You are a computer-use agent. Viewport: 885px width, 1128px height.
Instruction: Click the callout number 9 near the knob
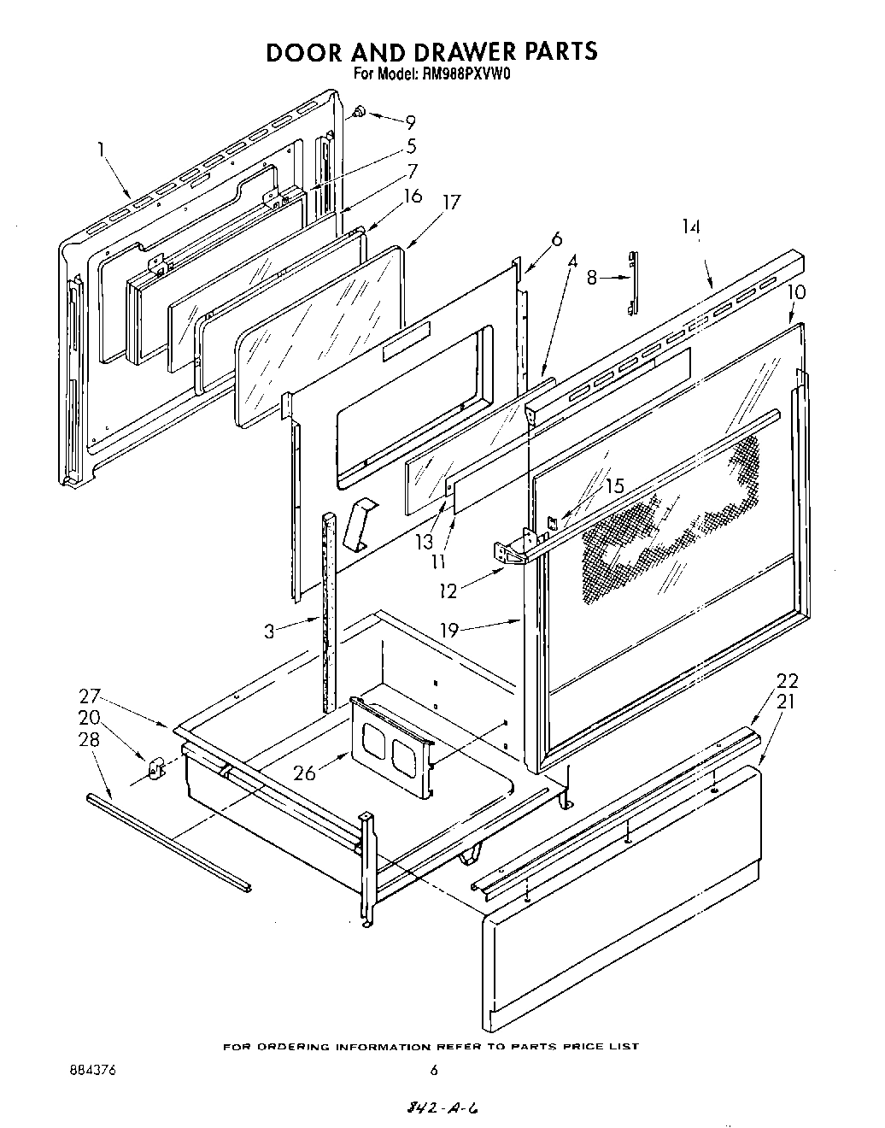tap(411, 122)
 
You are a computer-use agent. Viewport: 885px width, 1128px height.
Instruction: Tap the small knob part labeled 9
tap(360, 110)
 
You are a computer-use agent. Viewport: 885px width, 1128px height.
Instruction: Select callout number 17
tap(452, 203)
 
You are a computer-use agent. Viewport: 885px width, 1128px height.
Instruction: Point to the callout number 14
tap(691, 227)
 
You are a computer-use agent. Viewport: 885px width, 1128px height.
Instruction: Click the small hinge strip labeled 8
tap(632, 276)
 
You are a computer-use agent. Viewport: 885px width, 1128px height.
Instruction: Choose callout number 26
tap(304, 773)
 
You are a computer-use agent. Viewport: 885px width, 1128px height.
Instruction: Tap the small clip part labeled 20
tap(156, 768)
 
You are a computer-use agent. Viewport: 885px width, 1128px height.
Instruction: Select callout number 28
tap(89, 740)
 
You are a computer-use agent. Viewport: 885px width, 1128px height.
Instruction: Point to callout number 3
tap(269, 632)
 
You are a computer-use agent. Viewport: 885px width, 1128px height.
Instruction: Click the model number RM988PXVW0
tap(465, 74)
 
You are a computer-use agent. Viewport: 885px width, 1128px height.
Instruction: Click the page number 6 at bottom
tap(434, 1069)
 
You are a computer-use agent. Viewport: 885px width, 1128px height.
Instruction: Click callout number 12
tap(448, 589)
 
